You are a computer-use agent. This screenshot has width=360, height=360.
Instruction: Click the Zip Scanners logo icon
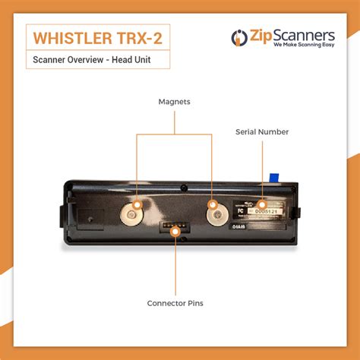point(238,37)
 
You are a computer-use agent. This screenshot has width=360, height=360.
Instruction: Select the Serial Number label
point(262,132)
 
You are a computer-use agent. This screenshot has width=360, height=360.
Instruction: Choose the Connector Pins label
point(175,304)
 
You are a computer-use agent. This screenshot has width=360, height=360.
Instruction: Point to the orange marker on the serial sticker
point(262,204)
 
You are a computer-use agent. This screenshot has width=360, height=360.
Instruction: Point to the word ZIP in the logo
point(258,35)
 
